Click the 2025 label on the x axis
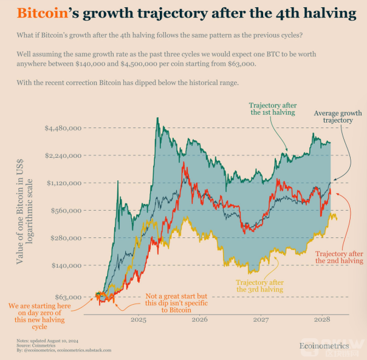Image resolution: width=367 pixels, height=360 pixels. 138,319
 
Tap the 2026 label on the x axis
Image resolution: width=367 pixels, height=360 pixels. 199,319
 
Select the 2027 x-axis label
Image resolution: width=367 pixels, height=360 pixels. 261,319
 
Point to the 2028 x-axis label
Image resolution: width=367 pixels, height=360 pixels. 322,319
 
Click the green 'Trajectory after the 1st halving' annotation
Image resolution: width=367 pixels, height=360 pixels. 272,107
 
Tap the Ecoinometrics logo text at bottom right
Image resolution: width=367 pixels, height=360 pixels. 324,345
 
